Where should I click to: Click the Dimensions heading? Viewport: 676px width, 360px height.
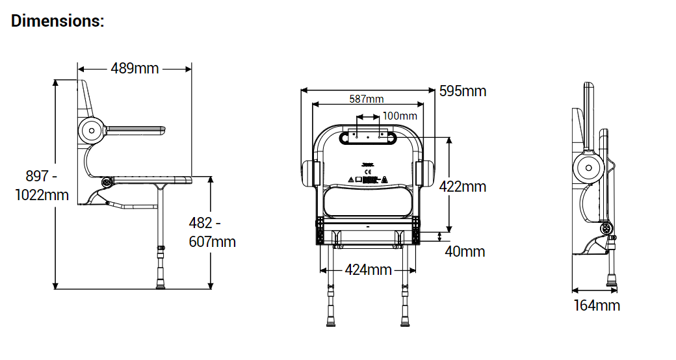(x=57, y=21)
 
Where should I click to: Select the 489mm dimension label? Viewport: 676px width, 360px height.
(x=135, y=68)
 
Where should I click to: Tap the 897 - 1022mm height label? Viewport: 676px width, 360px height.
(x=42, y=185)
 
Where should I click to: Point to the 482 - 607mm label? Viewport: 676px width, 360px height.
(x=212, y=232)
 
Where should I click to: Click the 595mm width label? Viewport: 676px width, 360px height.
(x=462, y=91)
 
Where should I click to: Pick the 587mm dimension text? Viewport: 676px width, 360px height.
(x=367, y=99)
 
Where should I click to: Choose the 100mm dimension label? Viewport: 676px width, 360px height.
(x=399, y=116)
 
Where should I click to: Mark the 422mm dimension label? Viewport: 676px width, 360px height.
(x=462, y=186)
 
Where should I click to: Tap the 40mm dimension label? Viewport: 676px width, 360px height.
(x=465, y=251)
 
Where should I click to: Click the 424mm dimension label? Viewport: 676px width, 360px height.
(x=368, y=269)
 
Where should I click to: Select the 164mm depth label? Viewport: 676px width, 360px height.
(x=596, y=305)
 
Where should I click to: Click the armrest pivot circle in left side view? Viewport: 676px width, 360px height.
(x=92, y=131)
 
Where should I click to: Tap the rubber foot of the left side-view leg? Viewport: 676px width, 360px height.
(x=160, y=283)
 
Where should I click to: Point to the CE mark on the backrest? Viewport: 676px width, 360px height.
(x=368, y=172)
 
